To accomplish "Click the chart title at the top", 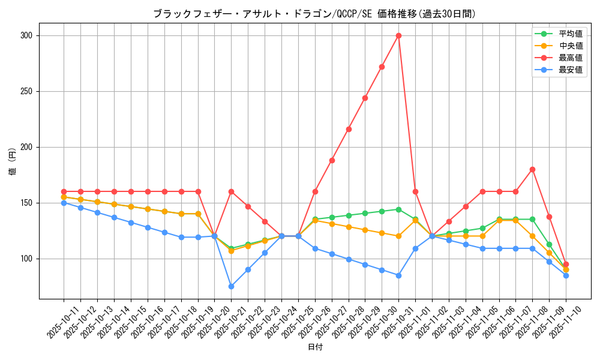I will point(314,13).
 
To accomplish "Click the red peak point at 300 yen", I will point(398,35).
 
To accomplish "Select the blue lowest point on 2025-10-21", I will point(231,286).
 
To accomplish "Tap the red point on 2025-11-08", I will point(532,169).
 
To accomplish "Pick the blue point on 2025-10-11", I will point(64,203).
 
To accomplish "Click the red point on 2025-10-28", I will point(349,129).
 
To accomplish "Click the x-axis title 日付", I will point(315,347).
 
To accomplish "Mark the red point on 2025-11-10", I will point(566,264).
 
